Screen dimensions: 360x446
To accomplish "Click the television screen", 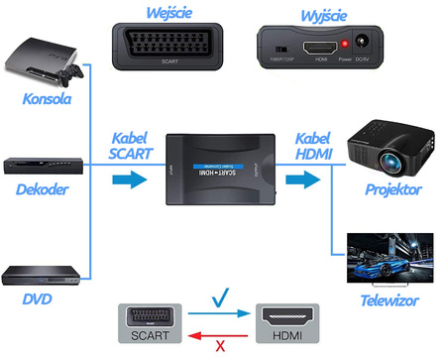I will tap(390, 260).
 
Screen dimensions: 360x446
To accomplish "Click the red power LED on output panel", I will tap(343, 45).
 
